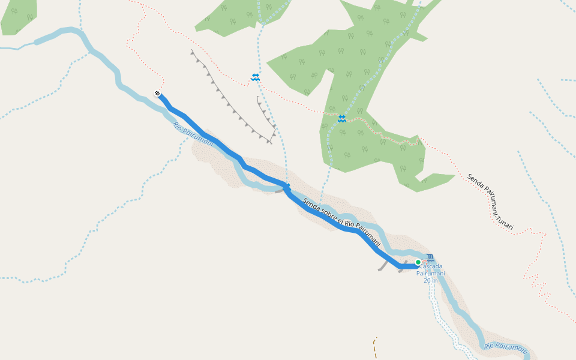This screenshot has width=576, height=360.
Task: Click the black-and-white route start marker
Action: click(x=157, y=93)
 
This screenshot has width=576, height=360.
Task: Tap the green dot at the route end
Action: click(x=418, y=262)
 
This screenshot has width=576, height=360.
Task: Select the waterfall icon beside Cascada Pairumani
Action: click(x=430, y=258)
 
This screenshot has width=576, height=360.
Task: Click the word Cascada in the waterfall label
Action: click(x=431, y=266)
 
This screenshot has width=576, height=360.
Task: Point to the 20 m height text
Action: click(x=431, y=281)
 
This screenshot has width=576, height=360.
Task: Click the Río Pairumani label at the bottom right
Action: click(x=505, y=346)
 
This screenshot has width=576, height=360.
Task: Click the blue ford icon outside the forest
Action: click(x=256, y=77)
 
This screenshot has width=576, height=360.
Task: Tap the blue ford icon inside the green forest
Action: click(x=342, y=119)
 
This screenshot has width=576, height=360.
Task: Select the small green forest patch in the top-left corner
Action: click(x=18, y=15)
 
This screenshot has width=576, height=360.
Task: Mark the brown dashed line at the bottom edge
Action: click(x=375, y=348)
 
